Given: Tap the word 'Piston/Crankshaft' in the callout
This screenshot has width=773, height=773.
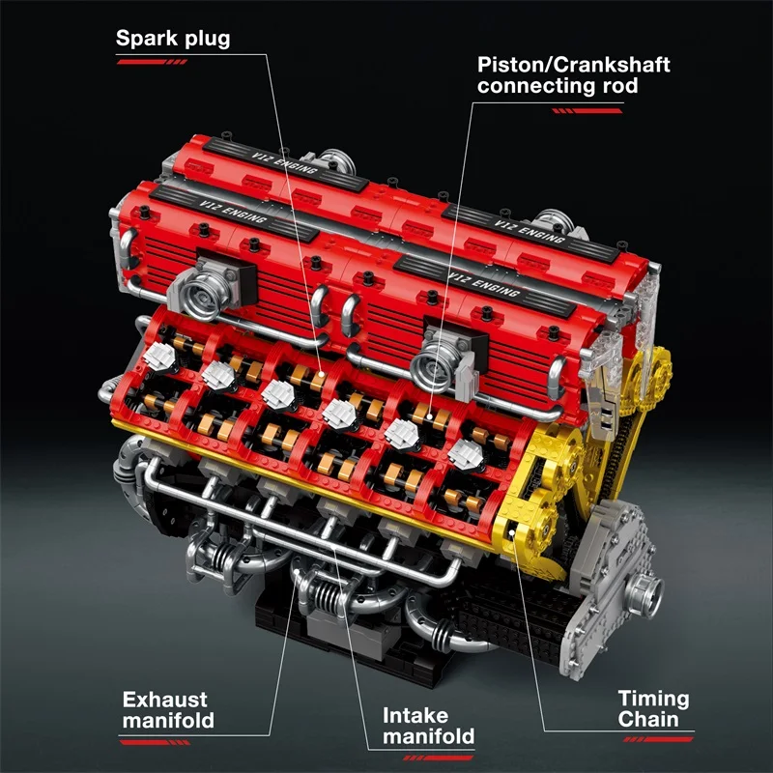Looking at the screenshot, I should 574,66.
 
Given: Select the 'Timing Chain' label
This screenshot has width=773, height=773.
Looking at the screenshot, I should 654,708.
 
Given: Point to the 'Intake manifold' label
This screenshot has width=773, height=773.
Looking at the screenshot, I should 429,726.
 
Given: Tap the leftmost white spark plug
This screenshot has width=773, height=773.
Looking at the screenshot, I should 158,355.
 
